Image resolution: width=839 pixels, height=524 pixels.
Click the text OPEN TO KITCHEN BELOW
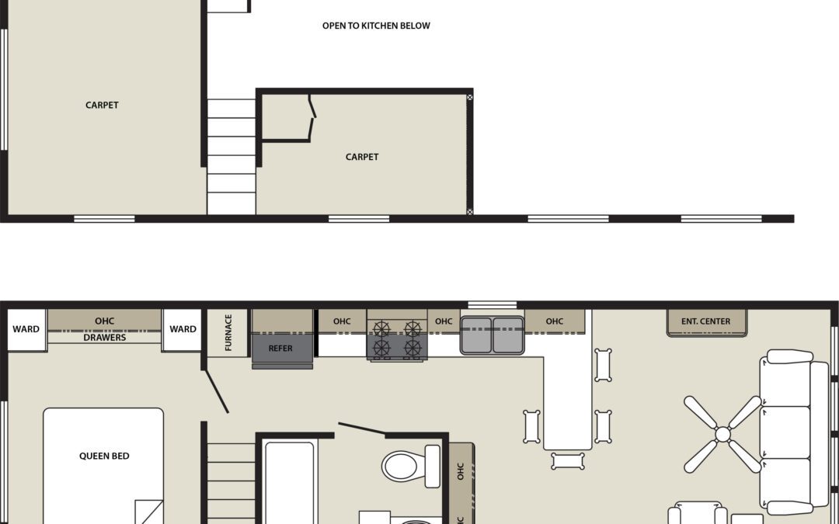[x=376, y=26]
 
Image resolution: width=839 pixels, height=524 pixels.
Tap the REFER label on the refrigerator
[x=280, y=349]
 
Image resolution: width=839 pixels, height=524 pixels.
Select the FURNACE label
[x=228, y=333]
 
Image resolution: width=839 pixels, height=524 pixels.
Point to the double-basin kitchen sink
[x=493, y=335]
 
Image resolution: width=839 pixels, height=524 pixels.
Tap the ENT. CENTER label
[x=705, y=321]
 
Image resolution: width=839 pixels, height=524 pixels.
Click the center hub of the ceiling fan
[x=722, y=435]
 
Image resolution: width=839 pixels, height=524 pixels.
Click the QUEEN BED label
[x=104, y=456]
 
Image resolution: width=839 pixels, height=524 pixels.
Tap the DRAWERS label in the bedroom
[x=104, y=338]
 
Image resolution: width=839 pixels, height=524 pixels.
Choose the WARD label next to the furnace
[x=183, y=329]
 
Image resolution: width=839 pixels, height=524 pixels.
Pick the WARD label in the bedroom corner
[x=26, y=329]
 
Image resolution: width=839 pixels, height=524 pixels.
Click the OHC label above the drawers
[x=104, y=321]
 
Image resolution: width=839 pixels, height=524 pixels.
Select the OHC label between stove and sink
[x=444, y=321]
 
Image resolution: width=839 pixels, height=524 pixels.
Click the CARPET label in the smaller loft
[x=362, y=157]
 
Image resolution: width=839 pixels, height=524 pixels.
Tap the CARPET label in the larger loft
[x=102, y=105]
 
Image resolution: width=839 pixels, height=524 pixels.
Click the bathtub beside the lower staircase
[x=288, y=481]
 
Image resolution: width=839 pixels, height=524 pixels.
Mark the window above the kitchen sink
[x=493, y=304]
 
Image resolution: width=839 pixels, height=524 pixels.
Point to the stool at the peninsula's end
[x=568, y=461]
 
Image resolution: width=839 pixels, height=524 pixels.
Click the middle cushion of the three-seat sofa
[x=785, y=432]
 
